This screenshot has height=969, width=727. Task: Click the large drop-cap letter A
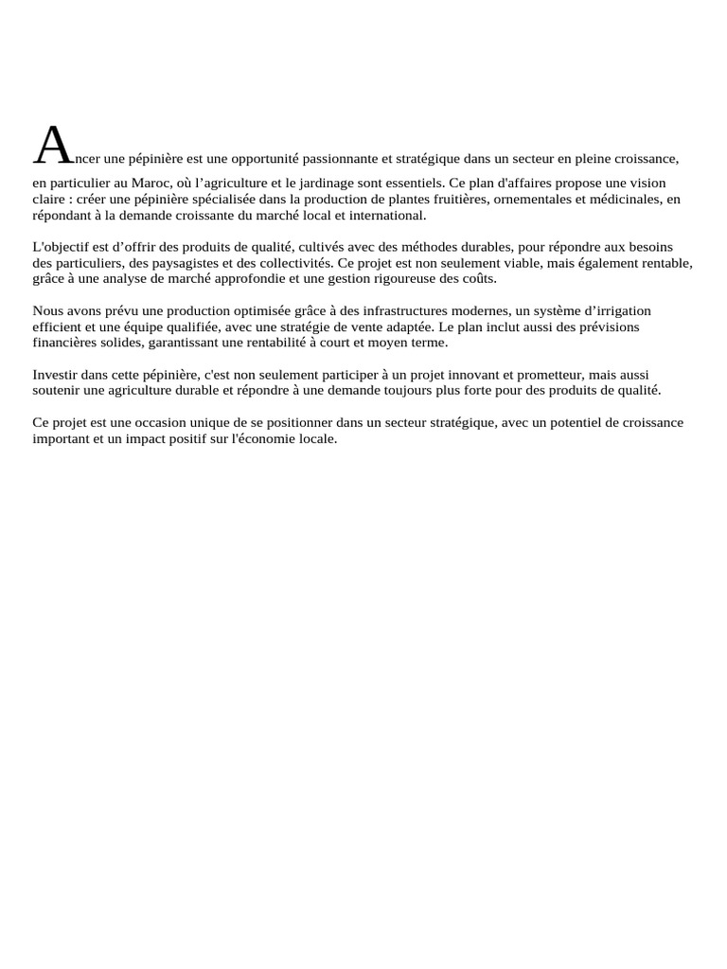point(53,146)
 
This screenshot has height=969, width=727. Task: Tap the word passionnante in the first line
point(339,159)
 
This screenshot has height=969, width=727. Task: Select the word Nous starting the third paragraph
point(48,311)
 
